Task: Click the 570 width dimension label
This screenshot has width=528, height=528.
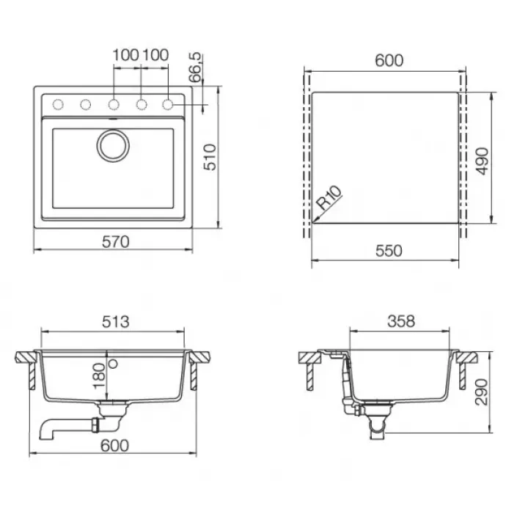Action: pyautogui.click(x=116, y=242)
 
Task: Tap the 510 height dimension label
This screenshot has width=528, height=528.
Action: pyautogui.click(x=210, y=157)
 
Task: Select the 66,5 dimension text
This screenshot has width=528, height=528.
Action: pyautogui.click(x=195, y=67)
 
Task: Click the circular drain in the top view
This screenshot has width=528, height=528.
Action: pyautogui.click(x=113, y=145)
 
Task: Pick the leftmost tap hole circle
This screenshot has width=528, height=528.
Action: pyautogui.click(x=58, y=105)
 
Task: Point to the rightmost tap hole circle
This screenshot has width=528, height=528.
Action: pyautogui.click(x=168, y=105)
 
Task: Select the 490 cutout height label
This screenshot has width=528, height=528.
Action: pyautogui.click(x=483, y=161)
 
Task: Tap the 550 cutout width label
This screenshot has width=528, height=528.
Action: pyautogui.click(x=389, y=251)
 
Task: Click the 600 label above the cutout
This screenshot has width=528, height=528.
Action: pyautogui.click(x=389, y=61)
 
